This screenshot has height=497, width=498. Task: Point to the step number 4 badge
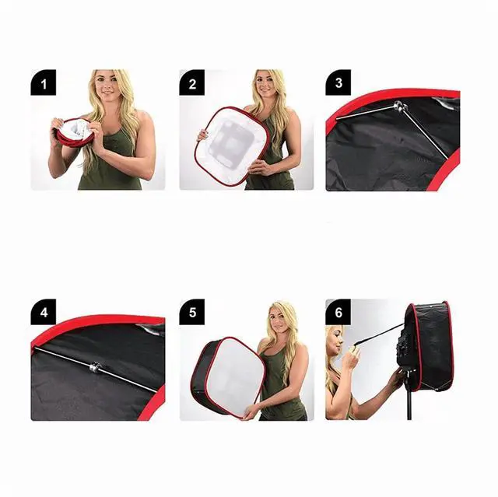(x=43, y=313)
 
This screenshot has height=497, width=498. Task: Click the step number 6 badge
(x=338, y=313)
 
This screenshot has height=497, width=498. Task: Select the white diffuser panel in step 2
(x=231, y=144)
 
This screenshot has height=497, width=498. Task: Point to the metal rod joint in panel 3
(x=400, y=107)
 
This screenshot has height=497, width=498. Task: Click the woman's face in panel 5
(x=279, y=320)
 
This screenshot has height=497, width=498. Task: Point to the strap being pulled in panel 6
(x=378, y=337)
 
